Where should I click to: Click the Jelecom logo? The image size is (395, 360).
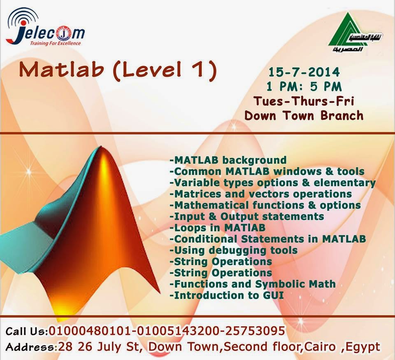[45, 27]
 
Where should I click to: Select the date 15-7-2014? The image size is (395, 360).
[304, 72]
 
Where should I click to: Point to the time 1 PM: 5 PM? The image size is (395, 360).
[304, 86]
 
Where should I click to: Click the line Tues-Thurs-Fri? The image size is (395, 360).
[304, 101]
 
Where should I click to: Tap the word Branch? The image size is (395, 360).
[342, 115]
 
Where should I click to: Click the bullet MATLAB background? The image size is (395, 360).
[228, 160]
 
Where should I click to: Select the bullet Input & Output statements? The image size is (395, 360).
[247, 216]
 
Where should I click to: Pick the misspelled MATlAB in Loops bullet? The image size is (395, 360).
[244, 228]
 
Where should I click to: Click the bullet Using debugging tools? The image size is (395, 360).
[234, 250]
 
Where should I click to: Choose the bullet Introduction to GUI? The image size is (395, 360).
[227, 295]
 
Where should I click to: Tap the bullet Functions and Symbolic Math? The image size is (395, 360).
[253, 284]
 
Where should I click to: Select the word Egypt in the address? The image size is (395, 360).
[363, 347]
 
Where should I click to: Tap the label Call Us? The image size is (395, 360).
[26, 331]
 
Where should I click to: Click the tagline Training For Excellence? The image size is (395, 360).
[56, 43]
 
